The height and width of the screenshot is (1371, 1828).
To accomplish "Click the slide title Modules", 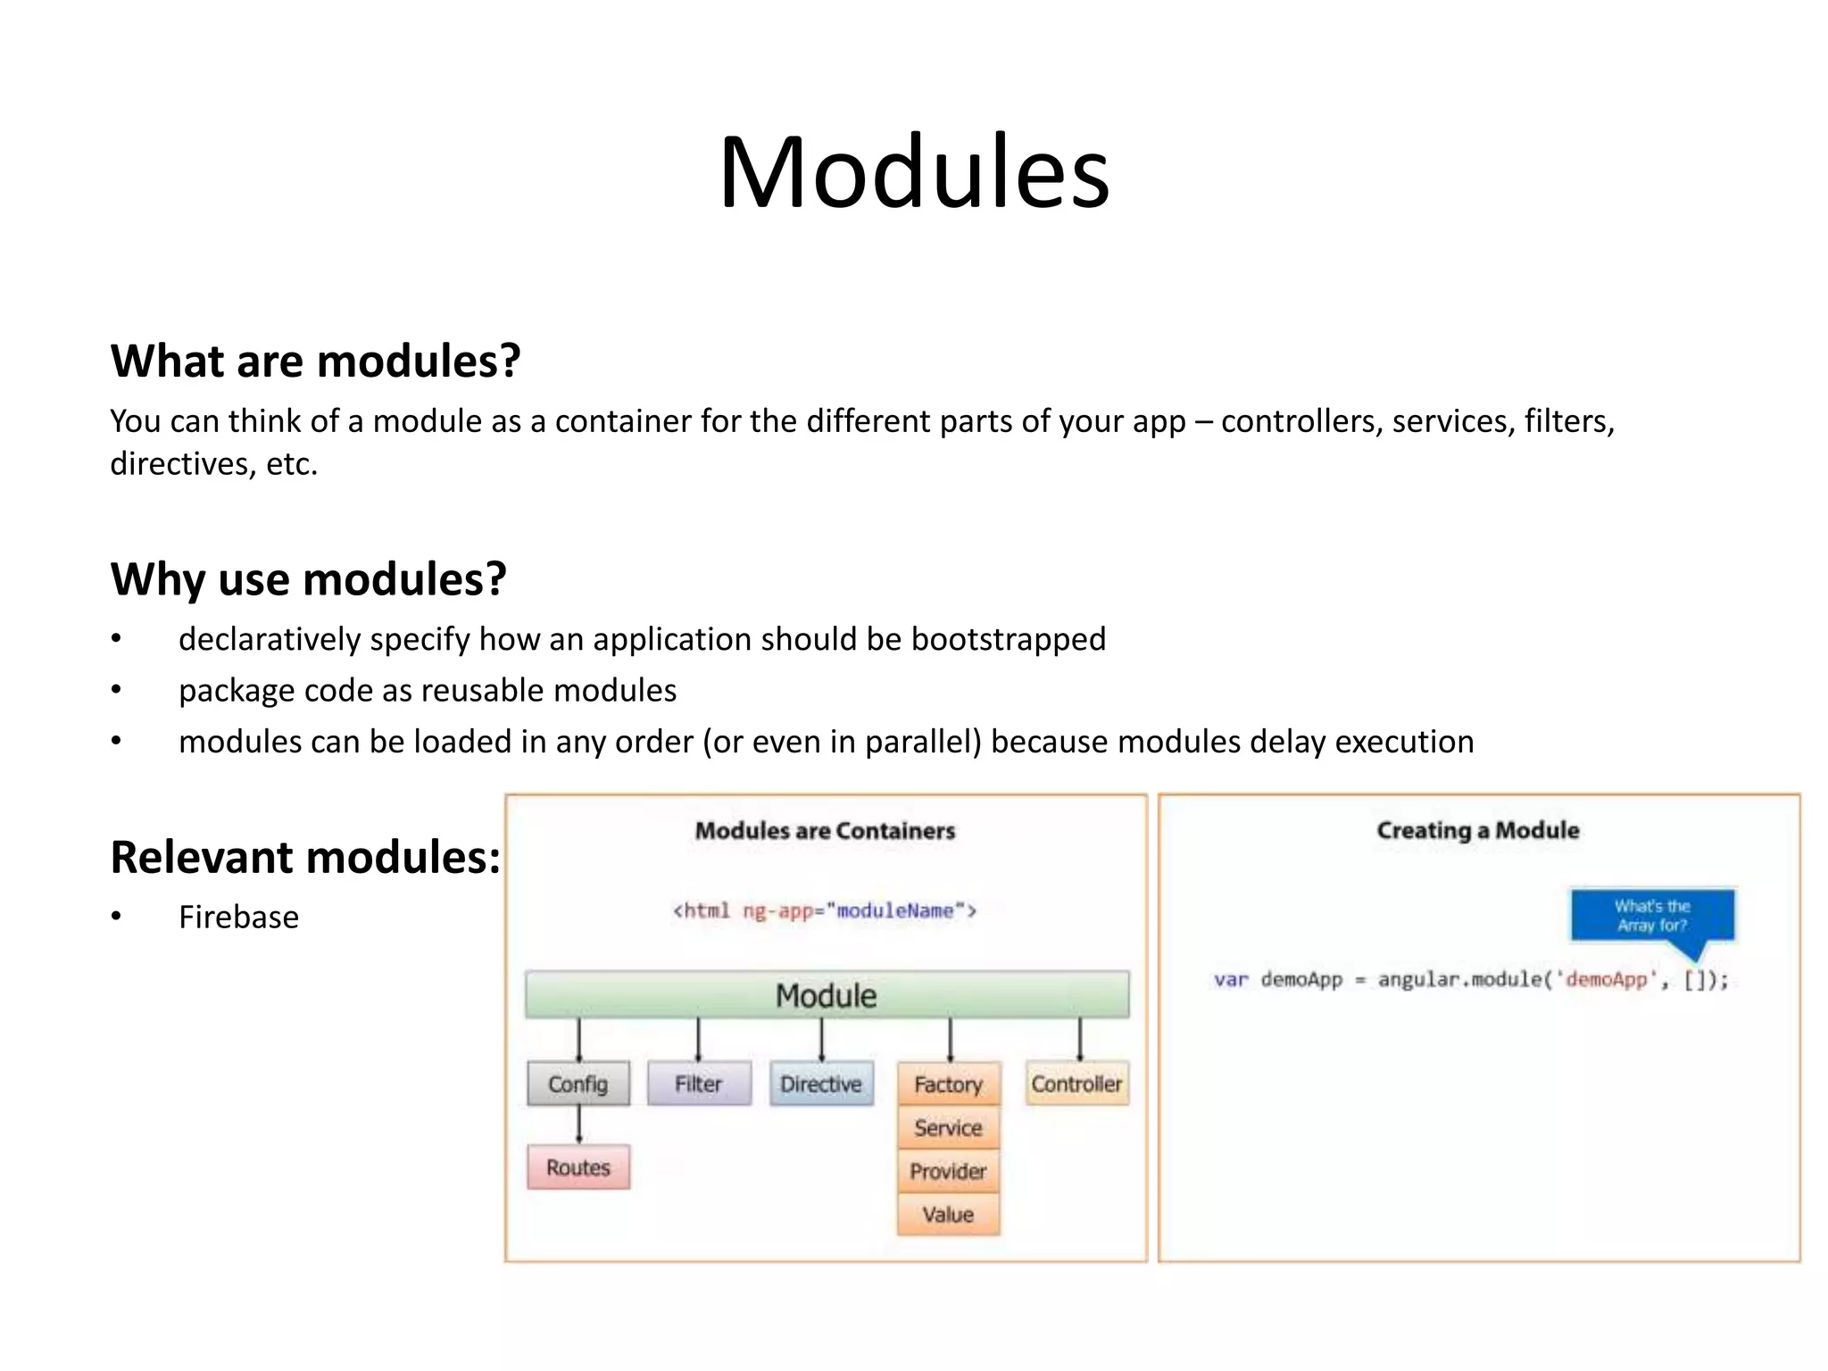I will (914, 171).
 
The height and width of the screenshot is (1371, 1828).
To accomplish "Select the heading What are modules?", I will (315, 361).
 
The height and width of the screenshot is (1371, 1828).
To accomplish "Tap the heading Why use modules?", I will (308, 578).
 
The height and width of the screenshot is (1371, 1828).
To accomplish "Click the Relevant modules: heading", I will (304, 857).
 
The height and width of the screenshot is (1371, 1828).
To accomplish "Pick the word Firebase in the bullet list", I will (238, 917).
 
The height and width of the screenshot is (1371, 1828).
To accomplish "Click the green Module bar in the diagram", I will (827, 994).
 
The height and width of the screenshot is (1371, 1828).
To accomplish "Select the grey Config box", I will (578, 1084).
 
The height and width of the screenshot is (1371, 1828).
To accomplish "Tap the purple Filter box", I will (698, 1084).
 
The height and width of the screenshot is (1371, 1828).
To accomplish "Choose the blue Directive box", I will (821, 1084).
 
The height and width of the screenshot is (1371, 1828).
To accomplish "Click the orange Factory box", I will (948, 1084).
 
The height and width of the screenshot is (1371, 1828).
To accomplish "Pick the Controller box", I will (1076, 1084).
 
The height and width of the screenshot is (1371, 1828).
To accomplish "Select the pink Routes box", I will (578, 1167).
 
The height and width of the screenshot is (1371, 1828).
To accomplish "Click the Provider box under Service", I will (948, 1170).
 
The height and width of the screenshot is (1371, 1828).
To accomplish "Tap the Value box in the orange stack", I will (948, 1214).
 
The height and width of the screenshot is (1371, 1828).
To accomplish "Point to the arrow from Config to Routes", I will (578, 1125).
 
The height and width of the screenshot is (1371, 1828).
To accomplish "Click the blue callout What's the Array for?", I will (1652, 915).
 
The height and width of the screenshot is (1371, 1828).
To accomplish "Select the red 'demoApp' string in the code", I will (1606, 979).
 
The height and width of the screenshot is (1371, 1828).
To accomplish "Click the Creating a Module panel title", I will (1478, 830).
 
